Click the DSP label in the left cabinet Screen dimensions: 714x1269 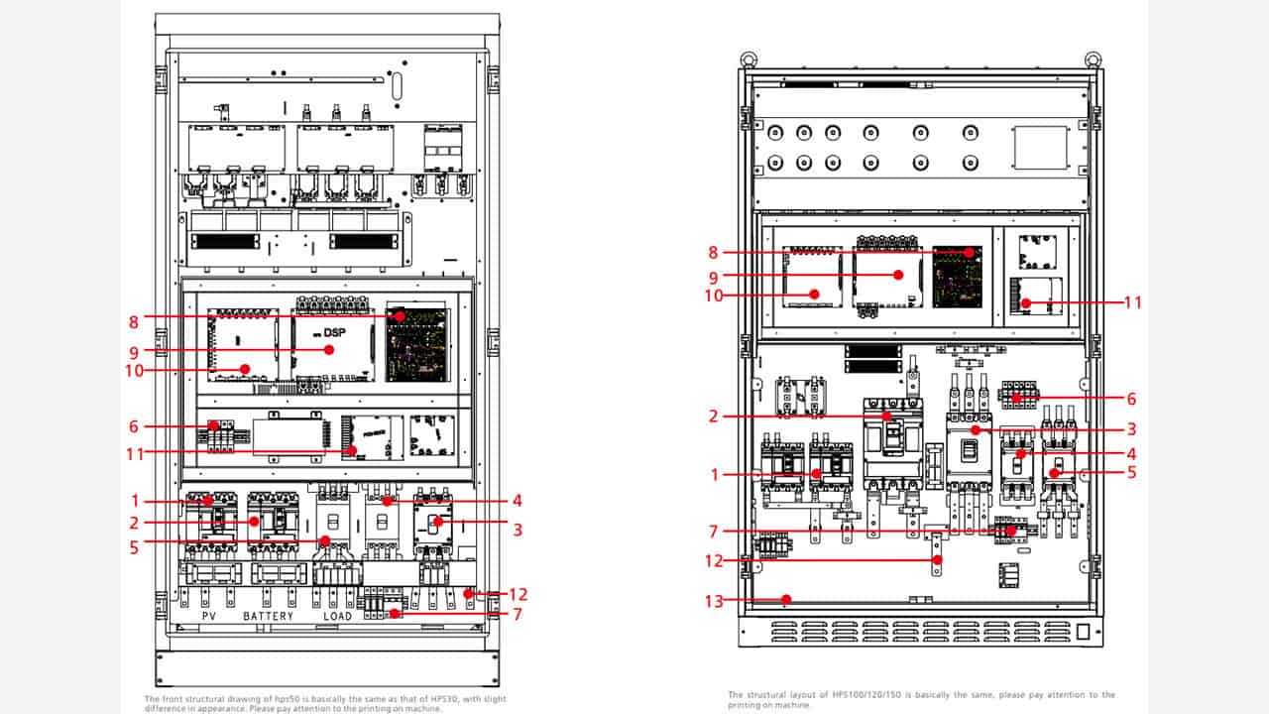tap(334, 332)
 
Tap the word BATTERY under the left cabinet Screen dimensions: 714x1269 tap(269, 616)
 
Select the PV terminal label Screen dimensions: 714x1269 tap(209, 616)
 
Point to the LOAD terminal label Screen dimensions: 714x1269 tap(337, 616)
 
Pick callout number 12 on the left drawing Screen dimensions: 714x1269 tap(518, 594)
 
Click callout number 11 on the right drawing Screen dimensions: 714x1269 tap(1132, 301)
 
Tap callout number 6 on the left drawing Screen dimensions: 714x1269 tap(134, 426)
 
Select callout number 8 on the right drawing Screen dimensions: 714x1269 tap(712, 253)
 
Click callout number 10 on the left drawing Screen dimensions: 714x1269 tap(134, 371)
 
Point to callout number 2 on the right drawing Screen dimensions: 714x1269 tap(712, 416)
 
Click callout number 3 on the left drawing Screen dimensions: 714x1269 tap(518, 530)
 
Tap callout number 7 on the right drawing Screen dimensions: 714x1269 tap(712, 533)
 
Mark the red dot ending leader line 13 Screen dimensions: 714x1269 tap(786, 599)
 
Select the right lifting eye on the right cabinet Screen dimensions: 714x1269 tap(1093, 59)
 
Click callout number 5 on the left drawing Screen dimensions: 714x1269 tap(134, 542)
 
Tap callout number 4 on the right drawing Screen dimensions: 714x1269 tap(1132, 453)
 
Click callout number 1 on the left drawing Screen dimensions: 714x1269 tap(134, 501)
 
